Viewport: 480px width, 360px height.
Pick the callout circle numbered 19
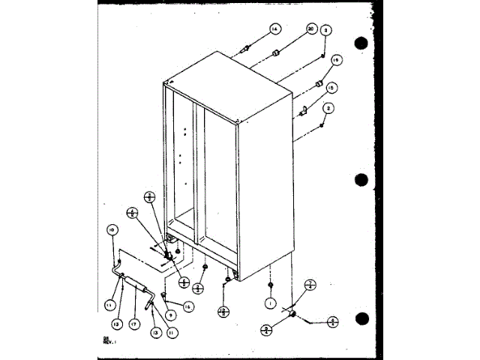coord(335,60)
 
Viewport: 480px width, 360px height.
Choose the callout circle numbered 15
coord(331,87)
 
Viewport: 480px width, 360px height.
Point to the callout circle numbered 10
coord(112,229)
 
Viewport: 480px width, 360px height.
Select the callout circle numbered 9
coord(171,314)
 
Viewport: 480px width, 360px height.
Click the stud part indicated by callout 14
coord(244,50)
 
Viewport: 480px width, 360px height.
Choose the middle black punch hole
coord(363,179)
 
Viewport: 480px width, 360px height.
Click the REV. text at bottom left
coord(109,343)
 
